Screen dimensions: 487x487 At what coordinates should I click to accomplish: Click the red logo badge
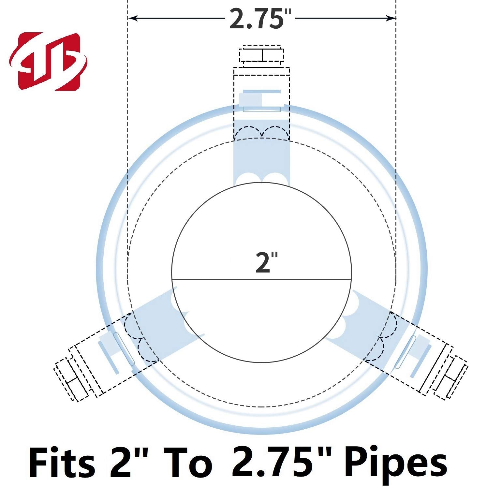(48, 61)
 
